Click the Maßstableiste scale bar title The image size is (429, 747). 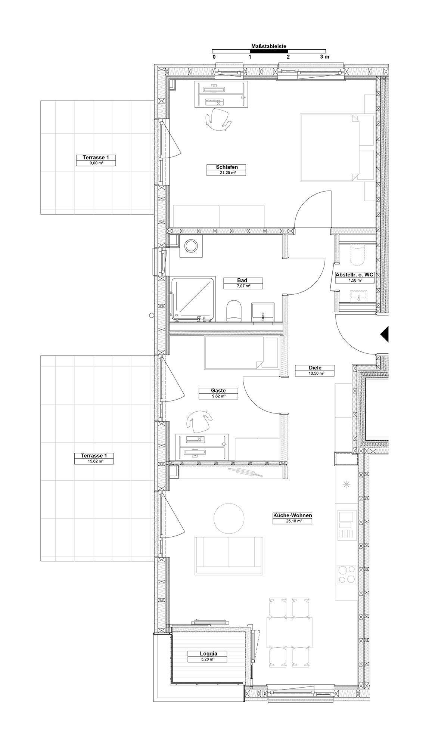point(269,46)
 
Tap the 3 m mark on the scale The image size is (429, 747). point(325,57)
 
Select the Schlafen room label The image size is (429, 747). point(227,167)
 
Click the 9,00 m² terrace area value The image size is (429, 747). point(96,163)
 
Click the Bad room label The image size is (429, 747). point(242,280)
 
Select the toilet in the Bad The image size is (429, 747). point(234,310)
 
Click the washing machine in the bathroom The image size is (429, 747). point(191,246)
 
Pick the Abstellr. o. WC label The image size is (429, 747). point(354,275)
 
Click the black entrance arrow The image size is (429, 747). point(385,334)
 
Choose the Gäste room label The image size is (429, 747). point(218,391)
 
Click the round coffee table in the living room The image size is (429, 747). point(229,518)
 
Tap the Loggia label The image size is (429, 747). point(208,654)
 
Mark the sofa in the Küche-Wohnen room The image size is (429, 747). point(229,555)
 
